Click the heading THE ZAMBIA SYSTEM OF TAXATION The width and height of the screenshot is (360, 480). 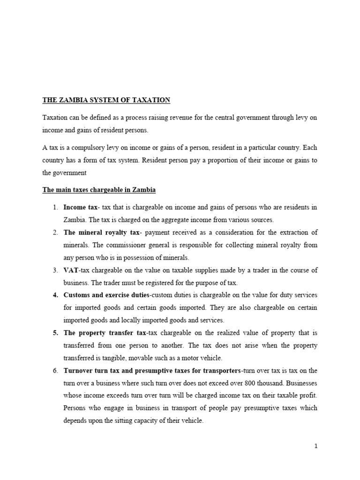pos(106,100)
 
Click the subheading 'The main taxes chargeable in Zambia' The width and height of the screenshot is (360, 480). pos(99,190)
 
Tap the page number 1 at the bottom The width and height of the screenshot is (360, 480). pos(316,446)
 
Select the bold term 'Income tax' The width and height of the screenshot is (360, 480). pos(80,207)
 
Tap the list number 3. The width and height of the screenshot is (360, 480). pos(55,270)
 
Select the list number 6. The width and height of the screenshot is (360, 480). pos(55,370)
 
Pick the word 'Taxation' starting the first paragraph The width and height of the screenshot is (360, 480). pos(55,117)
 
